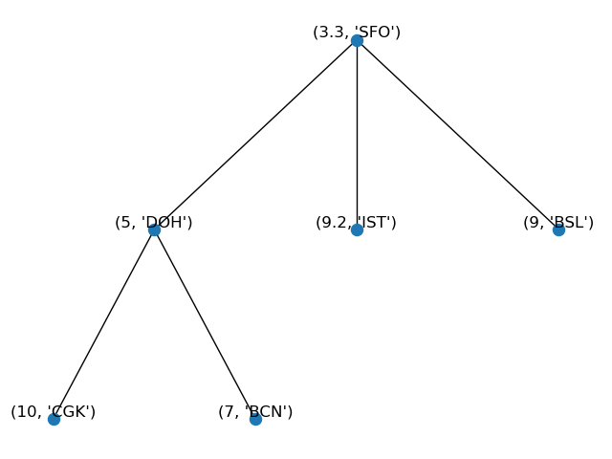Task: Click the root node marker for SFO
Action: (357, 40)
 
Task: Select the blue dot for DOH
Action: (154, 229)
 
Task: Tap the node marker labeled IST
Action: (357, 229)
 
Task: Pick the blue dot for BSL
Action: (558, 229)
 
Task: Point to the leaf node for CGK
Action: (54, 419)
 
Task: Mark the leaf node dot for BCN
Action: (255, 419)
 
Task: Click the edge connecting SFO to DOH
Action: (255, 135)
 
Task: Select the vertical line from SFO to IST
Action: (357, 135)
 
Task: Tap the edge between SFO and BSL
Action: (458, 135)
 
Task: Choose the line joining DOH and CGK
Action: (103, 324)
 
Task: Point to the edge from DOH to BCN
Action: (205, 324)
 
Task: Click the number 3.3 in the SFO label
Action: (330, 33)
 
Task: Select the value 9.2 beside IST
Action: (333, 223)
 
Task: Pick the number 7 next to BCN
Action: (229, 412)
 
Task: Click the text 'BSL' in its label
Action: (570, 223)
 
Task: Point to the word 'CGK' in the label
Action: (70, 412)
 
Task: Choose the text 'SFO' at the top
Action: (377, 33)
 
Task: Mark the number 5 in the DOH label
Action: (125, 223)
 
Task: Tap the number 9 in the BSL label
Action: (533, 223)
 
